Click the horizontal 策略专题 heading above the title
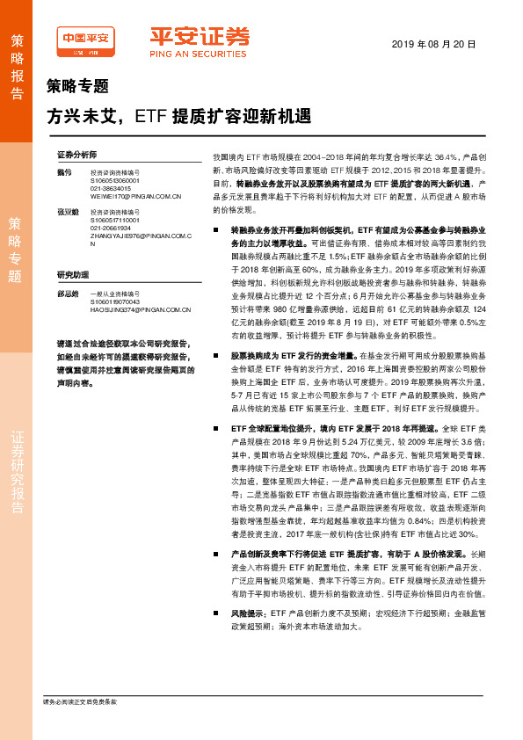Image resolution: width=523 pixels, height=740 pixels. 77,86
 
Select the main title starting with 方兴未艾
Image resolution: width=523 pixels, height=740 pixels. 178,115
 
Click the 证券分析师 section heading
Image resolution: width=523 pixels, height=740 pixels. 76,154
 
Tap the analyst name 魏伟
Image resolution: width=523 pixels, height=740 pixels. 62,171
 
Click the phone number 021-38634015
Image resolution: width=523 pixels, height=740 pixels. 112,188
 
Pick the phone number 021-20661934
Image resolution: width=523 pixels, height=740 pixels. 112,229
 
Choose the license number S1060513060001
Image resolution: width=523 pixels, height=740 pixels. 117,180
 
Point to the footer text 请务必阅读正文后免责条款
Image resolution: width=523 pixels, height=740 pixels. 80,701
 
